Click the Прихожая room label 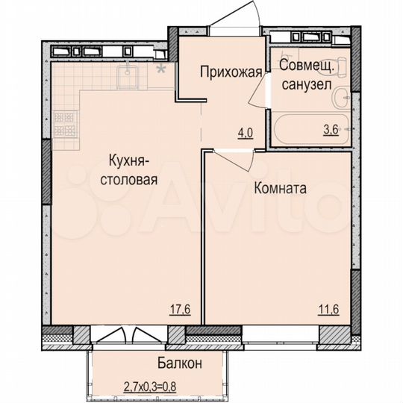pyautogui.click(x=231, y=72)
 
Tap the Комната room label pyautogui.click(x=280, y=189)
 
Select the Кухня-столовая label pyautogui.click(x=132, y=169)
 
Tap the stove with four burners pyautogui.click(x=65, y=124)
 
